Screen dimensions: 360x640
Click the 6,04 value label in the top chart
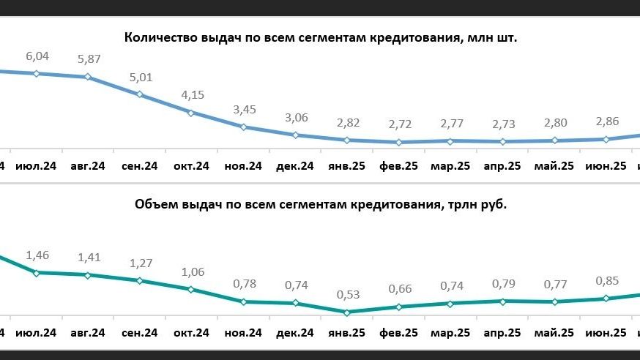click(x=37, y=56)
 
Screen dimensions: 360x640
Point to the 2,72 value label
click(x=399, y=125)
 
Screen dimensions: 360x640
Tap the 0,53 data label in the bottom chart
click(x=347, y=295)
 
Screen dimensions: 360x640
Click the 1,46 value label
click(x=37, y=255)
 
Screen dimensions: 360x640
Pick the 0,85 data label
click(x=606, y=280)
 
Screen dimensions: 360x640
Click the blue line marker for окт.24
click(x=191, y=113)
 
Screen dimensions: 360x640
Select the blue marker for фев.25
click(x=399, y=142)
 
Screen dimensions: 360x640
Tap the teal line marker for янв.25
click(x=347, y=312)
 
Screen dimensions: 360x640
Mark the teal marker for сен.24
click(x=140, y=280)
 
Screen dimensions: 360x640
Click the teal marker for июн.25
click(x=606, y=298)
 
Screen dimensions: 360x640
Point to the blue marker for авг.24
click(x=88, y=77)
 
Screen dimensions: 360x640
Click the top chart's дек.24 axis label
click(x=295, y=166)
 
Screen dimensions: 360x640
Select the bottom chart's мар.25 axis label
click(x=451, y=333)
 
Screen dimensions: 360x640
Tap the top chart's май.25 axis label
click(x=554, y=166)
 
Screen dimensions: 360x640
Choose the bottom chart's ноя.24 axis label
click(x=243, y=333)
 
